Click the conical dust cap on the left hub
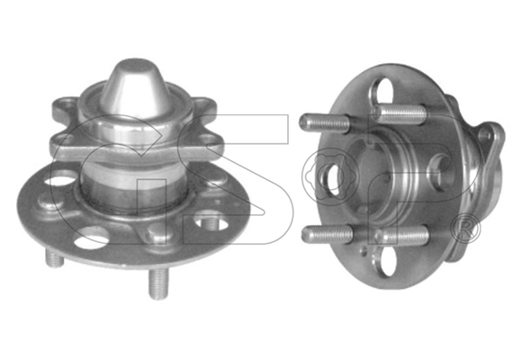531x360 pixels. pyautogui.click(x=134, y=91)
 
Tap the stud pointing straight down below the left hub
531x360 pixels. pyautogui.click(x=158, y=283)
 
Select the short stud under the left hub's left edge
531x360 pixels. pyautogui.click(x=54, y=258)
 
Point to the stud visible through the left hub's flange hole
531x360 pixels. pyautogui.click(x=211, y=222)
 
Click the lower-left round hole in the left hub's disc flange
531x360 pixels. pyautogui.click(x=91, y=237)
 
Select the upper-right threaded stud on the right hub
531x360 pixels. pyautogui.click(x=398, y=112)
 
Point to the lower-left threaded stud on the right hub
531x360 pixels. pyautogui.click(x=327, y=234)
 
